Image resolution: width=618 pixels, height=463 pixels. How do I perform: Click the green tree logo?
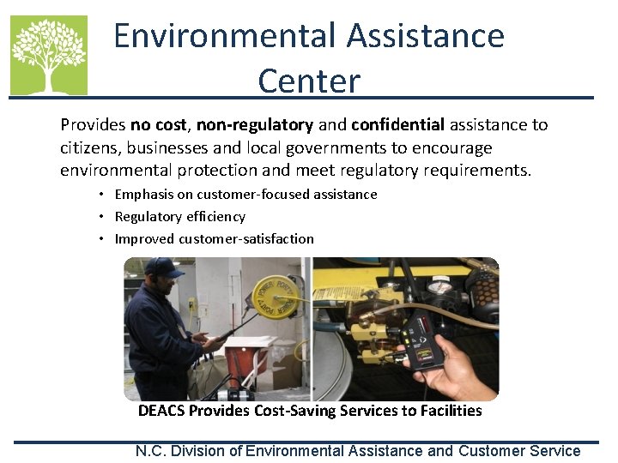49,54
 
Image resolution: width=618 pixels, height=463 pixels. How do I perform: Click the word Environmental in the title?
223,36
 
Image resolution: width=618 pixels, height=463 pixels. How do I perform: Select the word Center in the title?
309,81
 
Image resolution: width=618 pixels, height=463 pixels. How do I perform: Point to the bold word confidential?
397,125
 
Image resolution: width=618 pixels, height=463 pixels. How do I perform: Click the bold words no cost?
159,125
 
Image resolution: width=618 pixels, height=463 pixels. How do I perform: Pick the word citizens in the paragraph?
89,147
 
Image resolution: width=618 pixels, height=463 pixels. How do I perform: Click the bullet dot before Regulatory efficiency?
101,217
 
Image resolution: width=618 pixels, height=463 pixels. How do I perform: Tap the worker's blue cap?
164,268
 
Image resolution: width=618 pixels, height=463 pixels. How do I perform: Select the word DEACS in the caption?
161,411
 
